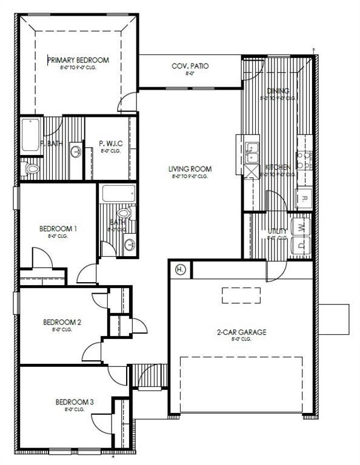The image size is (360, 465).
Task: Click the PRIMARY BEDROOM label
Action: [78, 60]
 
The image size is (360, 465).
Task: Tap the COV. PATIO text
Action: [190, 66]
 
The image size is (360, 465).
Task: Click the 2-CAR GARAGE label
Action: [242, 332]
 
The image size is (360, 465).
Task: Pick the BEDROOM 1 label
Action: [58, 228]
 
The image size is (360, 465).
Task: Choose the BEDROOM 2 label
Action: [62, 322]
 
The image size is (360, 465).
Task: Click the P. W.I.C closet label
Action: [112, 143]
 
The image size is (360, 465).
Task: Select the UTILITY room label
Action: [278, 231]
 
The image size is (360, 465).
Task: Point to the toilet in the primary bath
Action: [30, 168]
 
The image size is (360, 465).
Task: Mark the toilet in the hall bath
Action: [125, 214]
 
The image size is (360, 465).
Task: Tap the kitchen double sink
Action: [252, 152]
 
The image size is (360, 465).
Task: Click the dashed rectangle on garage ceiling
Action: [241, 295]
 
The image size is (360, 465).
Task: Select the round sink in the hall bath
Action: [129, 245]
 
